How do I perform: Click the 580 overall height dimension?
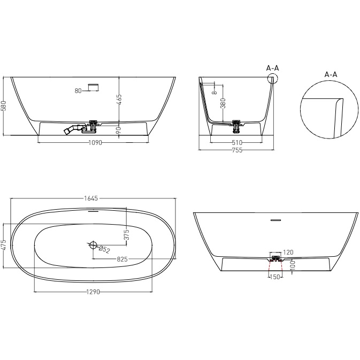pos(4,106)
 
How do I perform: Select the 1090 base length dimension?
pos(95,143)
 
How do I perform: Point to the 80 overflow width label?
pos(78,91)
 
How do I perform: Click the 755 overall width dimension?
pos(237,150)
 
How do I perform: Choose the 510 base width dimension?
pos(237,143)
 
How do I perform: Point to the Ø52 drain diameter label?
pos(105,250)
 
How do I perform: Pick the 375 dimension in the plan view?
pos(126,234)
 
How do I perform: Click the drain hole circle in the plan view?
pos(93,246)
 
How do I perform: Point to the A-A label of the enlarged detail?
pos(331,74)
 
